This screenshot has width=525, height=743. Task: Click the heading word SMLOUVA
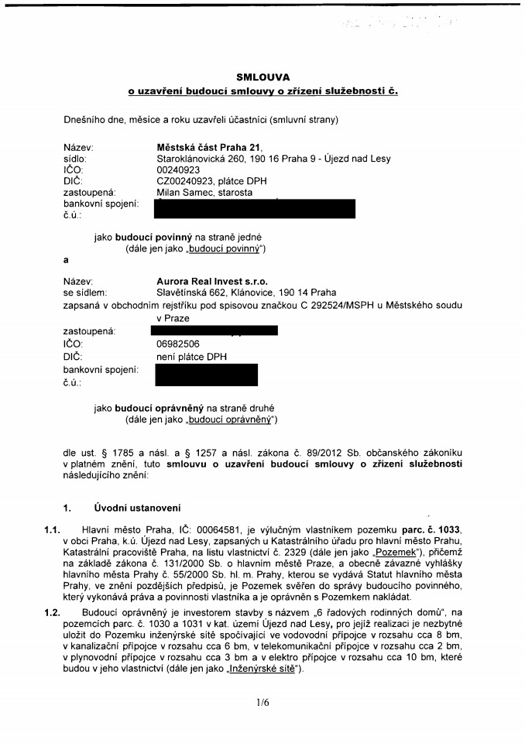(262, 77)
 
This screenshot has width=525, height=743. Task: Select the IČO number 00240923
(178, 169)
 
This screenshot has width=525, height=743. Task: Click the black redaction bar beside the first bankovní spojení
(255, 208)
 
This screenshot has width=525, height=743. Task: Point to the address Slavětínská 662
(191, 293)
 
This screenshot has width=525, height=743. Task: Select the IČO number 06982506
(178, 344)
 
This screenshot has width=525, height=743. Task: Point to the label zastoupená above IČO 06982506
(89, 331)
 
